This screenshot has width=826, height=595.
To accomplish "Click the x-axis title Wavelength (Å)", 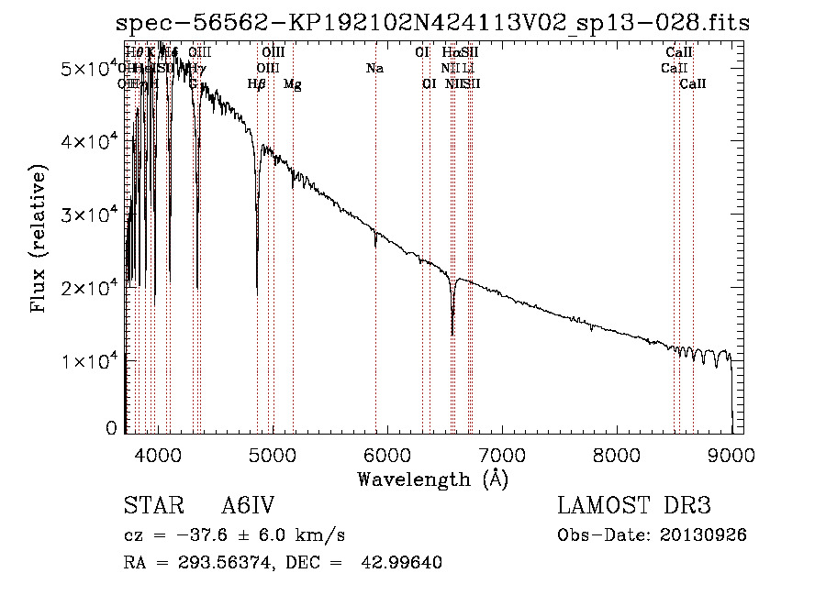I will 432,479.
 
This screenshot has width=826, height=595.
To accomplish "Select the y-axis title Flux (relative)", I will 39,239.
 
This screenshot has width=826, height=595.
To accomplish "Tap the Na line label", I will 374,69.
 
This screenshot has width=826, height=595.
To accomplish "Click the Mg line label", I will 292,84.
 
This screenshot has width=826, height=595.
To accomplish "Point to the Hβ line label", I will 257,84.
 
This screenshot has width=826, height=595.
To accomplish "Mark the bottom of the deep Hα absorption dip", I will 452,335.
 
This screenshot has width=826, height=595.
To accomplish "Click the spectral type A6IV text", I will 249,507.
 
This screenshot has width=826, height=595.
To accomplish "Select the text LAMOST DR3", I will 634,507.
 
